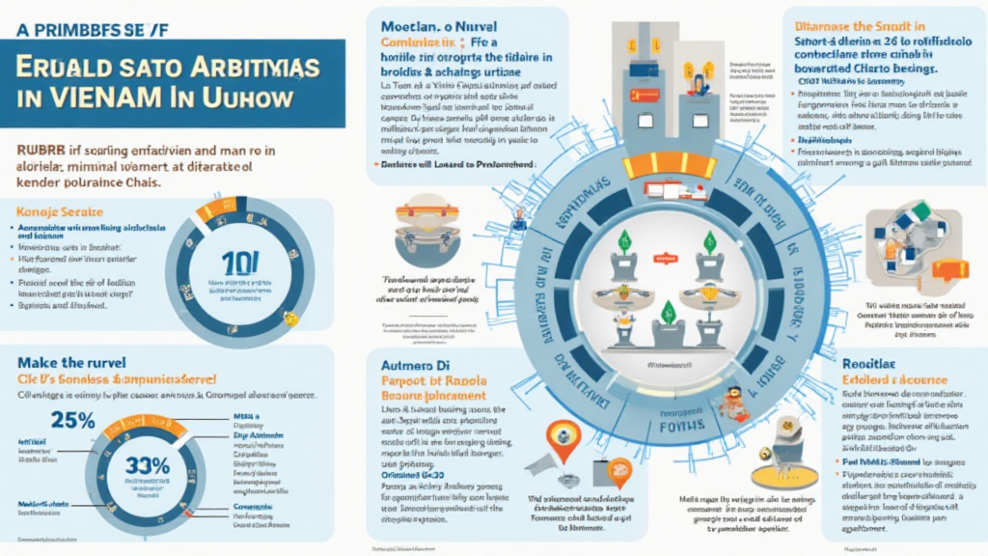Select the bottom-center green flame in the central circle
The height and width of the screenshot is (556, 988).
665,312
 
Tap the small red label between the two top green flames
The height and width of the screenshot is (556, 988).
665,259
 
